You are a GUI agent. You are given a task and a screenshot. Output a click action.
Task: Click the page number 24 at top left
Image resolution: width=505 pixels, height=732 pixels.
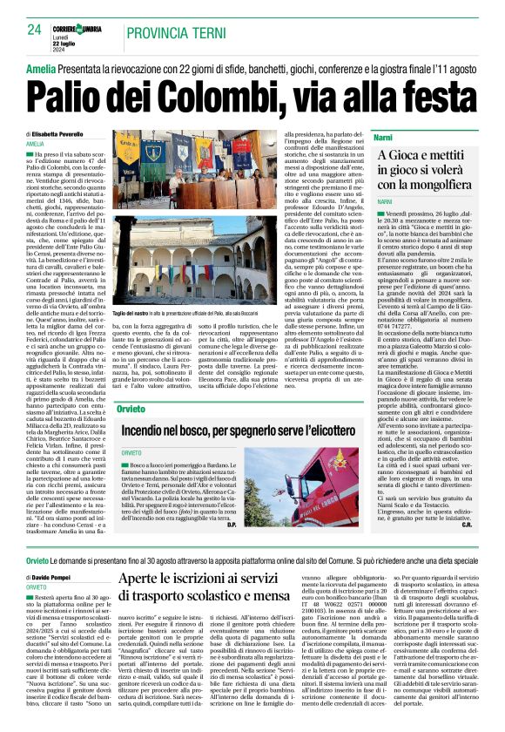34,30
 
